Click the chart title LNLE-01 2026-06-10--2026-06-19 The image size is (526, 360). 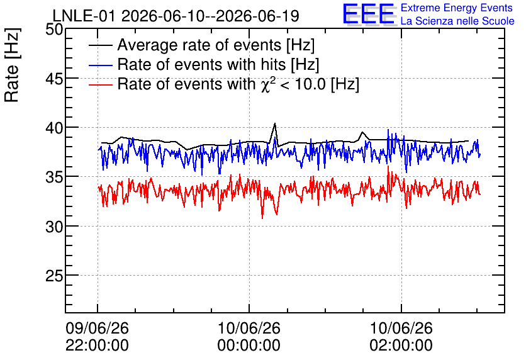pyautogui.click(x=176, y=16)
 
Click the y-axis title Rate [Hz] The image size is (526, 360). pyautogui.click(x=12, y=65)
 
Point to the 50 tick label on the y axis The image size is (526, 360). pyautogui.click(x=54, y=29)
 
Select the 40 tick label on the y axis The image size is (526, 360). pyautogui.click(x=54, y=128)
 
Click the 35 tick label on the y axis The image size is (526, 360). pyautogui.click(x=54, y=177)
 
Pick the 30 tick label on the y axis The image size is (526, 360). pyautogui.click(x=54, y=227)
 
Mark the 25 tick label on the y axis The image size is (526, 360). pyautogui.click(x=54, y=276)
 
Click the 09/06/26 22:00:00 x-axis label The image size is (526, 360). pyautogui.click(x=97, y=337)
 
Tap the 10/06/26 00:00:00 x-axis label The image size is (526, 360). pyautogui.click(x=249, y=337)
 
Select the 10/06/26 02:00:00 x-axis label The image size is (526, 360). pyautogui.click(x=401, y=337)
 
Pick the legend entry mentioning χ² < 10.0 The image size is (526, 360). pyautogui.click(x=238, y=84)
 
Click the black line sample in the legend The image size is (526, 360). pyautogui.click(x=100, y=45)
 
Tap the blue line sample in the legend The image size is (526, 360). pyautogui.click(x=100, y=65)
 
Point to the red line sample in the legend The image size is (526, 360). pyautogui.click(x=100, y=84)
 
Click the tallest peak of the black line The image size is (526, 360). pyautogui.click(x=275, y=123)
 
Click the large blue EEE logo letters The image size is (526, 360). pyautogui.click(x=368, y=14)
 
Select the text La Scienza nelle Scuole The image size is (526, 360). pyautogui.click(x=457, y=21)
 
